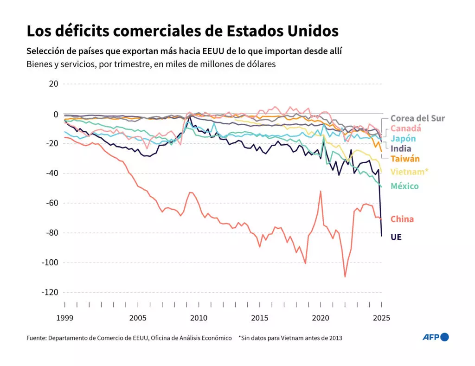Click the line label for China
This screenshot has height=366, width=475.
(402, 219)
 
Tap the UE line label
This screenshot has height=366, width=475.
(396, 237)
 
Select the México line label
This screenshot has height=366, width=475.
(404, 186)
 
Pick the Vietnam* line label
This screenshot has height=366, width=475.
(409, 172)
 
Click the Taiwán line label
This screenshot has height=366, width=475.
(405, 159)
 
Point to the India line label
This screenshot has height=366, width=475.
(401, 148)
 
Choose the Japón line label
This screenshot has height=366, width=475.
(403, 138)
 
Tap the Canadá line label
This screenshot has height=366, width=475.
(405, 128)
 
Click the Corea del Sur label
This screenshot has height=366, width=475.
(417, 118)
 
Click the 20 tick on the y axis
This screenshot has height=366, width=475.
(53, 84)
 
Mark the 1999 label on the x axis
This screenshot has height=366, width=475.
(64, 318)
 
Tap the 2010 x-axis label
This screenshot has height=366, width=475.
(199, 318)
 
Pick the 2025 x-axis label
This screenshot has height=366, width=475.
(381, 318)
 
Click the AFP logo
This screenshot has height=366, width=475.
(435, 337)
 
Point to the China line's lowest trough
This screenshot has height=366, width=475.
(345, 277)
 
